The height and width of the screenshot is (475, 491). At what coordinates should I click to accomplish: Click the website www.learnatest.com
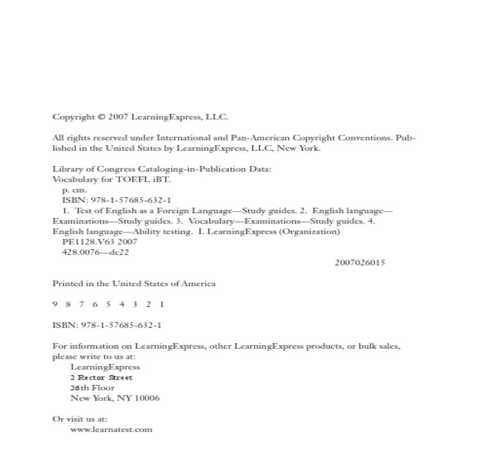tap(111, 429)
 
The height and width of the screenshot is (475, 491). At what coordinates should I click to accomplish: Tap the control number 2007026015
tap(360, 263)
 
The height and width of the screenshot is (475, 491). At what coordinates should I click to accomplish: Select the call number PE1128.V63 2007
tap(99, 242)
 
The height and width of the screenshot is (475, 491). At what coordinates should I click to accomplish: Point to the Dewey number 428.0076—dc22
tap(95, 252)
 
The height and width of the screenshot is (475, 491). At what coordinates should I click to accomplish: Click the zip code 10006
tap(147, 398)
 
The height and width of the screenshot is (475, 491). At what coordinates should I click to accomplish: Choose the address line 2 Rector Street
tap(102, 377)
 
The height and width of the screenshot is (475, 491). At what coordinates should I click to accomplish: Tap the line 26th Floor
tap(92, 388)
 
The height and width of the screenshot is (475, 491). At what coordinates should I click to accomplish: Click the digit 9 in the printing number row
tap(55, 304)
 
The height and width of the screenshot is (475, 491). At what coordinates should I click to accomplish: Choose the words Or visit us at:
tap(80, 419)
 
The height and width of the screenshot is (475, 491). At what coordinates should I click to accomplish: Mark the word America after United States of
tap(197, 283)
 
